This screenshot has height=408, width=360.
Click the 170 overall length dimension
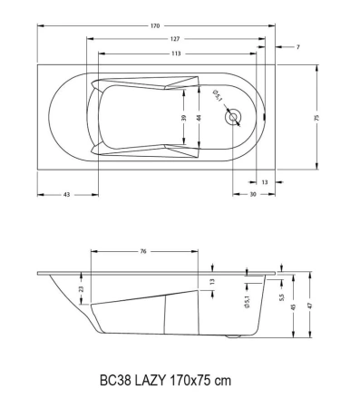tap(155, 25)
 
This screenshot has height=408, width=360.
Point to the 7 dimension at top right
tap(298, 47)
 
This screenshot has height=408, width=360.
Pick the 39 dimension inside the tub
tap(184, 118)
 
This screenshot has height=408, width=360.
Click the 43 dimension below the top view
tap(67, 195)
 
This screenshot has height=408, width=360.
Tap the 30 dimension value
tap(252, 195)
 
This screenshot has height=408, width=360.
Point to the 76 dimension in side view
tap(144, 252)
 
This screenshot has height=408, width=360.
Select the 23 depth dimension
tap(82, 289)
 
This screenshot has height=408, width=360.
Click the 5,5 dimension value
tap(282, 296)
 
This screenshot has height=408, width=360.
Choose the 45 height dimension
tap(293, 307)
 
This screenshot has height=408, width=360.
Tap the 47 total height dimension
tap(311, 307)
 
